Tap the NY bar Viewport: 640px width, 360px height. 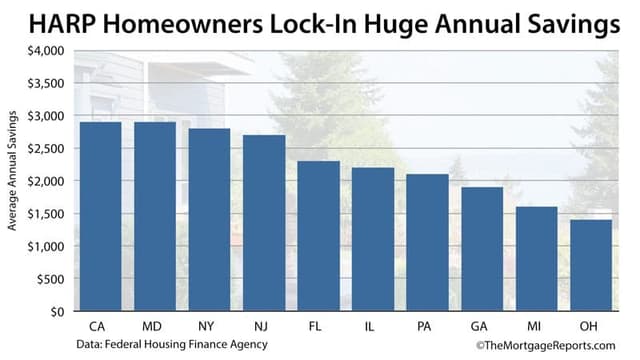tap(209, 220)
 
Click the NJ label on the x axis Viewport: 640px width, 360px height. tap(263, 327)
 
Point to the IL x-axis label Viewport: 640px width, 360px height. tap(371, 327)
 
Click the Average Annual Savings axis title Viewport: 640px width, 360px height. tap(13, 180)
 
